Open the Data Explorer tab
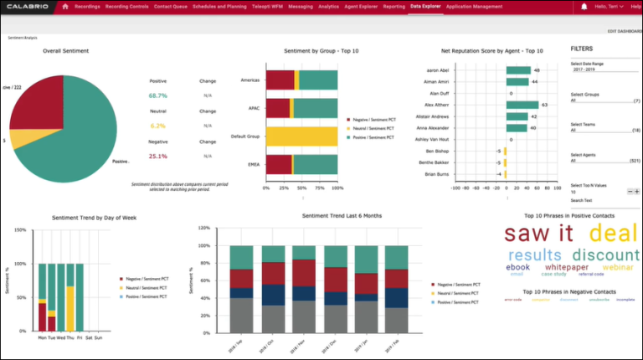tap(426, 7)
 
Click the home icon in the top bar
tap(65, 7)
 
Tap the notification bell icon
tap(584, 7)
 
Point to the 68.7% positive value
tap(158, 96)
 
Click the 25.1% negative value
tap(158, 156)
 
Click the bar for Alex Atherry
tap(522, 105)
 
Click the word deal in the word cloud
tap(615, 233)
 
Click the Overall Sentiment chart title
tap(66, 51)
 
